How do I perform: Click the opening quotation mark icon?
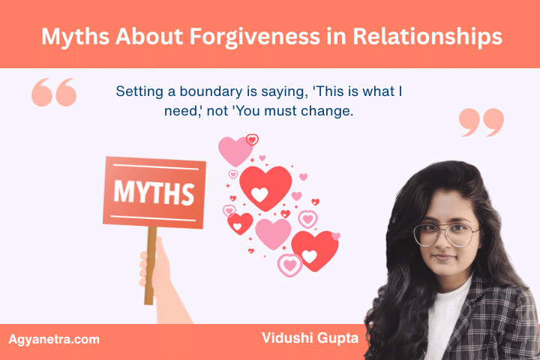54,92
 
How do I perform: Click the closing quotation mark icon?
481,122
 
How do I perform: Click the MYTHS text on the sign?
154,190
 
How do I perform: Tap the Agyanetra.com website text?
54,340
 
